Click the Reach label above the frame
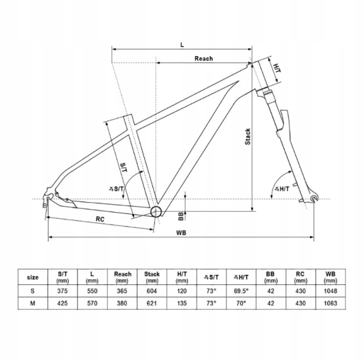(204, 59)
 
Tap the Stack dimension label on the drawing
(248, 137)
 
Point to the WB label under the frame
(181, 233)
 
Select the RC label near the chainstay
(100, 219)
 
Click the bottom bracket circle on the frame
(156, 212)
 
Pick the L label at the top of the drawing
(182, 45)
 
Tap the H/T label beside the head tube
(277, 68)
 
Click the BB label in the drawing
(181, 216)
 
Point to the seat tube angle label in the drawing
(116, 189)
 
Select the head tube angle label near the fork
(282, 189)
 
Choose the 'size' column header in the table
(32, 277)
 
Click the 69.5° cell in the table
(241, 291)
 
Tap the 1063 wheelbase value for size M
(330, 303)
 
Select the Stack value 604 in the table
(152, 291)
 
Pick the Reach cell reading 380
(122, 303)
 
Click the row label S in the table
(32, 291)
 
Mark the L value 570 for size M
(92, 303)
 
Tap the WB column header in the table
(330, 277)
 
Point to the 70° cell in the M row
(241, 303)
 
